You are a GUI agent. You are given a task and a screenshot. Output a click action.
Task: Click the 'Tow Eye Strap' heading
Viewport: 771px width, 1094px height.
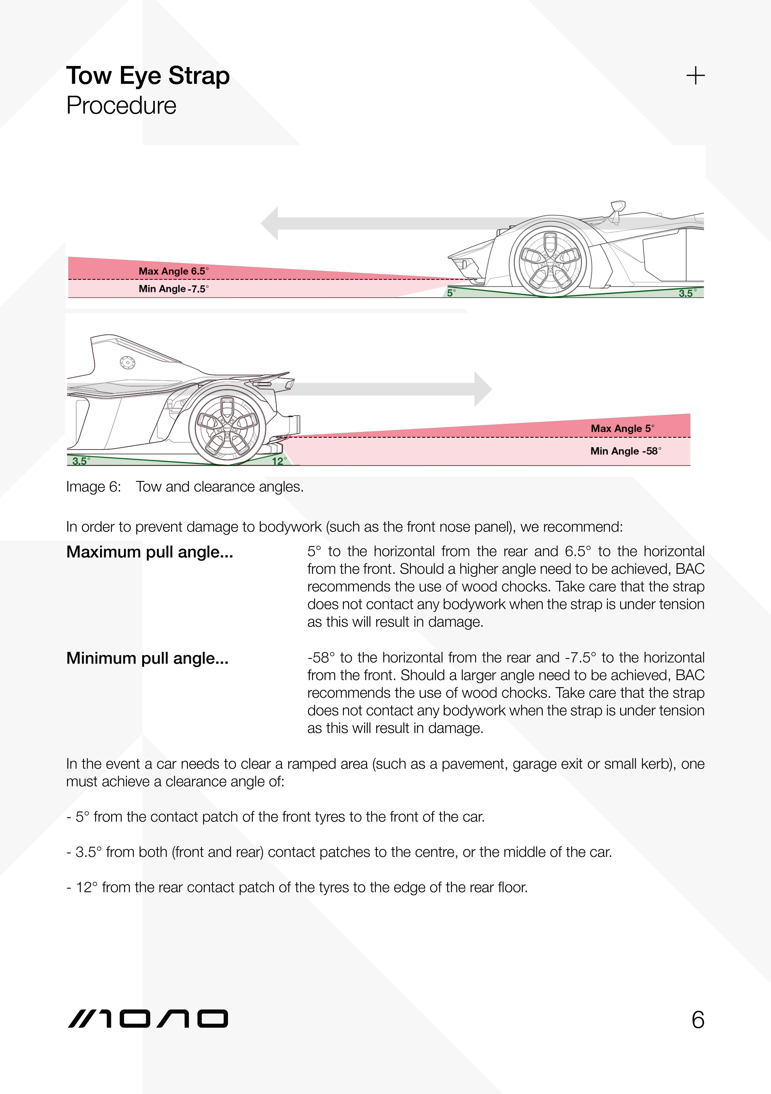point(148,76)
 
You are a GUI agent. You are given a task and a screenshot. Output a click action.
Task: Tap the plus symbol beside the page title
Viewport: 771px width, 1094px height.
point(695,76)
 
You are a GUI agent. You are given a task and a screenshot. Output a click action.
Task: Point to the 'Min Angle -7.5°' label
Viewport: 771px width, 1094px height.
point(173,289)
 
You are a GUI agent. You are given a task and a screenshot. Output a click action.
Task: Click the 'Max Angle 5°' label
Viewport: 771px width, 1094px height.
point(622,428)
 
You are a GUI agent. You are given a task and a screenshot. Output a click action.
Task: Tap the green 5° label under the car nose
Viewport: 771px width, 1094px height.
point(451,293)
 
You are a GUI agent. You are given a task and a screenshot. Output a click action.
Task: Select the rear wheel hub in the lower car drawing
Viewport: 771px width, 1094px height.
point(227,427)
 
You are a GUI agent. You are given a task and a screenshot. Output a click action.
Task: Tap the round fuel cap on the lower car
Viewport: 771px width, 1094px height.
point(127,363)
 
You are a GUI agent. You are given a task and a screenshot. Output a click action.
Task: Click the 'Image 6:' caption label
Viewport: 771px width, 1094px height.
point(93,487)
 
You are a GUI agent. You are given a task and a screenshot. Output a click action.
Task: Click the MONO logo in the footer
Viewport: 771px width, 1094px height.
point(148,1019)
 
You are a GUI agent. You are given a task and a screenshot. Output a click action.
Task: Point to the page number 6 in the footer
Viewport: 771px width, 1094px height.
point(698,1020)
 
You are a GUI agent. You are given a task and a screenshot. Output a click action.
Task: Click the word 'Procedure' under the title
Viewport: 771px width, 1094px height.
point(121,105)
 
